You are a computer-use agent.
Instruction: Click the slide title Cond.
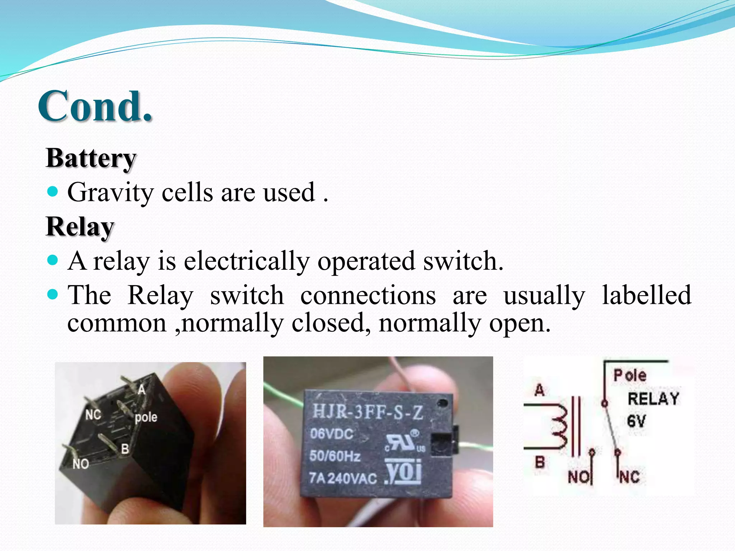pos(95,106)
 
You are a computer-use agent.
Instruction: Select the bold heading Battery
pos(91,158)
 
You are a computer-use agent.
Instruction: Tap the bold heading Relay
pos(80,227)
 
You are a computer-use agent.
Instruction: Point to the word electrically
pos(247,261)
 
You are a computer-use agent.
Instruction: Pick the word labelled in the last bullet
pos(646,295)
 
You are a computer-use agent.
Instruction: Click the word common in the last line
pos(117,323)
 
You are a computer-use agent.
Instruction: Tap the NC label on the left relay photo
pos(93,415)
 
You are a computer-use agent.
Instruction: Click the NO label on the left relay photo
pos(81,464)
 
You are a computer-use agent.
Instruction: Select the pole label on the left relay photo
pos(146,417)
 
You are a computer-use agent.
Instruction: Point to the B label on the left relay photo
pos(125,448)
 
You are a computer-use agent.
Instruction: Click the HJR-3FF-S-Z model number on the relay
pos(367,412)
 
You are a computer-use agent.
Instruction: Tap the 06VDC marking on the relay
pos(332,434)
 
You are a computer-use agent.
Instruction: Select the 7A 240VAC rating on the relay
pos(343,478)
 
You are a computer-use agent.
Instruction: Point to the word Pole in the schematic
pos(630,376)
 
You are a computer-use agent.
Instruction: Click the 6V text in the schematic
pos(636,421)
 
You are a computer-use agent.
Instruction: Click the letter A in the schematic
pos(539,390)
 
